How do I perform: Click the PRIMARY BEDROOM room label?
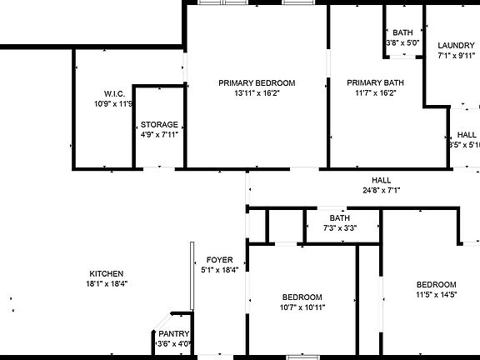[x=257, y=82]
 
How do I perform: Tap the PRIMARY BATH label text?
[x=375, y=82]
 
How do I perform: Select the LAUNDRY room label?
[x=456, y=46]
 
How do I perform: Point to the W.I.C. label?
[x=114, y=93]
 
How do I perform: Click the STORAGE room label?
[x=158, y=124]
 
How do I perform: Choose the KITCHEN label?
[x=107, y=273]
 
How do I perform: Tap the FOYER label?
[x=220, y=260]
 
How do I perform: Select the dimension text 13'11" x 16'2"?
[x=257, y=93]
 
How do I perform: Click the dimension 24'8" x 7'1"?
[x=382, y=190]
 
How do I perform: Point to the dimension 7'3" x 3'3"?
[x=340, y=227]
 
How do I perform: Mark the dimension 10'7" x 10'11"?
[x=302, y=307]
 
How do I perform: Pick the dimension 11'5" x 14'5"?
[x=437, y=295]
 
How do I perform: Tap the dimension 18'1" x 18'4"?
[x=107, y=283]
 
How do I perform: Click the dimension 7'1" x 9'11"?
[x=456, y=57]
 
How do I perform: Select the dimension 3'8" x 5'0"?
[x=402, y=42]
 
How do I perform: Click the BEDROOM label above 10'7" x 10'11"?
[x=302, y=297]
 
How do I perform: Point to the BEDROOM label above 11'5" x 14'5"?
[x=437, y=284]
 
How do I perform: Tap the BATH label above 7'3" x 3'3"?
[x=339, y=218]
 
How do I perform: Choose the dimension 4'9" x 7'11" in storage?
[x=158, y=134]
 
